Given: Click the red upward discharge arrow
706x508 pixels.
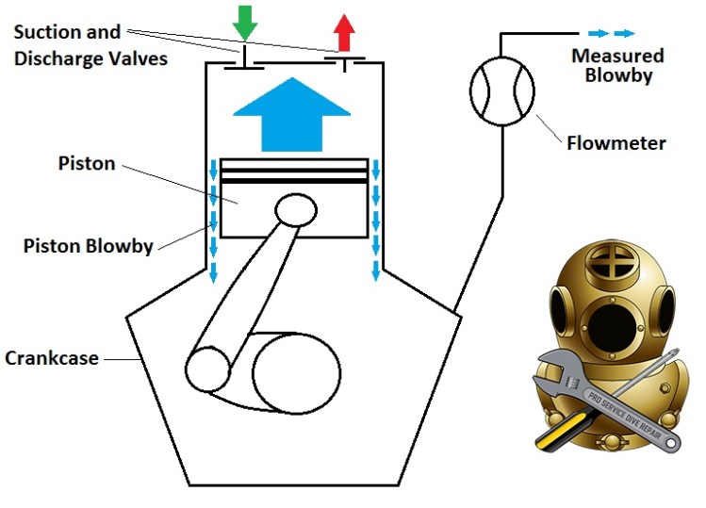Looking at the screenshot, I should click(x=344, y=33).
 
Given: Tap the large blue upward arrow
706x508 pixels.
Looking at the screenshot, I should click(x=286, y=115).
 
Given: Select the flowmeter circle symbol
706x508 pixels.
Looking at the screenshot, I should click(x=501, y=91).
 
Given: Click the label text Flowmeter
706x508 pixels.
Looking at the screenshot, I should click(x=616, y=144).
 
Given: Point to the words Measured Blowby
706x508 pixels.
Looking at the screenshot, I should click(x=617, y=65).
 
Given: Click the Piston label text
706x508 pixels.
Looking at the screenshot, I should click(x=87, y=164).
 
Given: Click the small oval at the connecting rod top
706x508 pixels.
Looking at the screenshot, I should click(x=296, y=210).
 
